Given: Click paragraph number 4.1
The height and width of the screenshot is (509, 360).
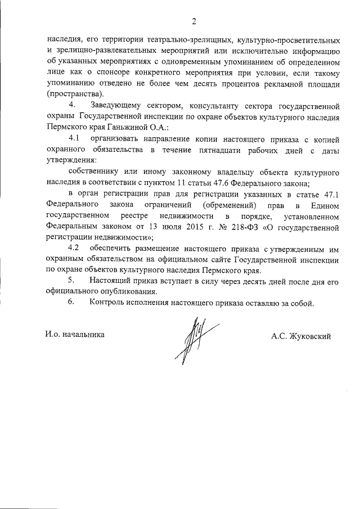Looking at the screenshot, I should [75, 138].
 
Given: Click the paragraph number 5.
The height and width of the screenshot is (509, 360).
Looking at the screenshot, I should [71, 281].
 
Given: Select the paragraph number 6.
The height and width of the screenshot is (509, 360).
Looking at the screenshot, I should [71, 303].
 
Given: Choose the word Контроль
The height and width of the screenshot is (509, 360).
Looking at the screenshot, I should [109, 303].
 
